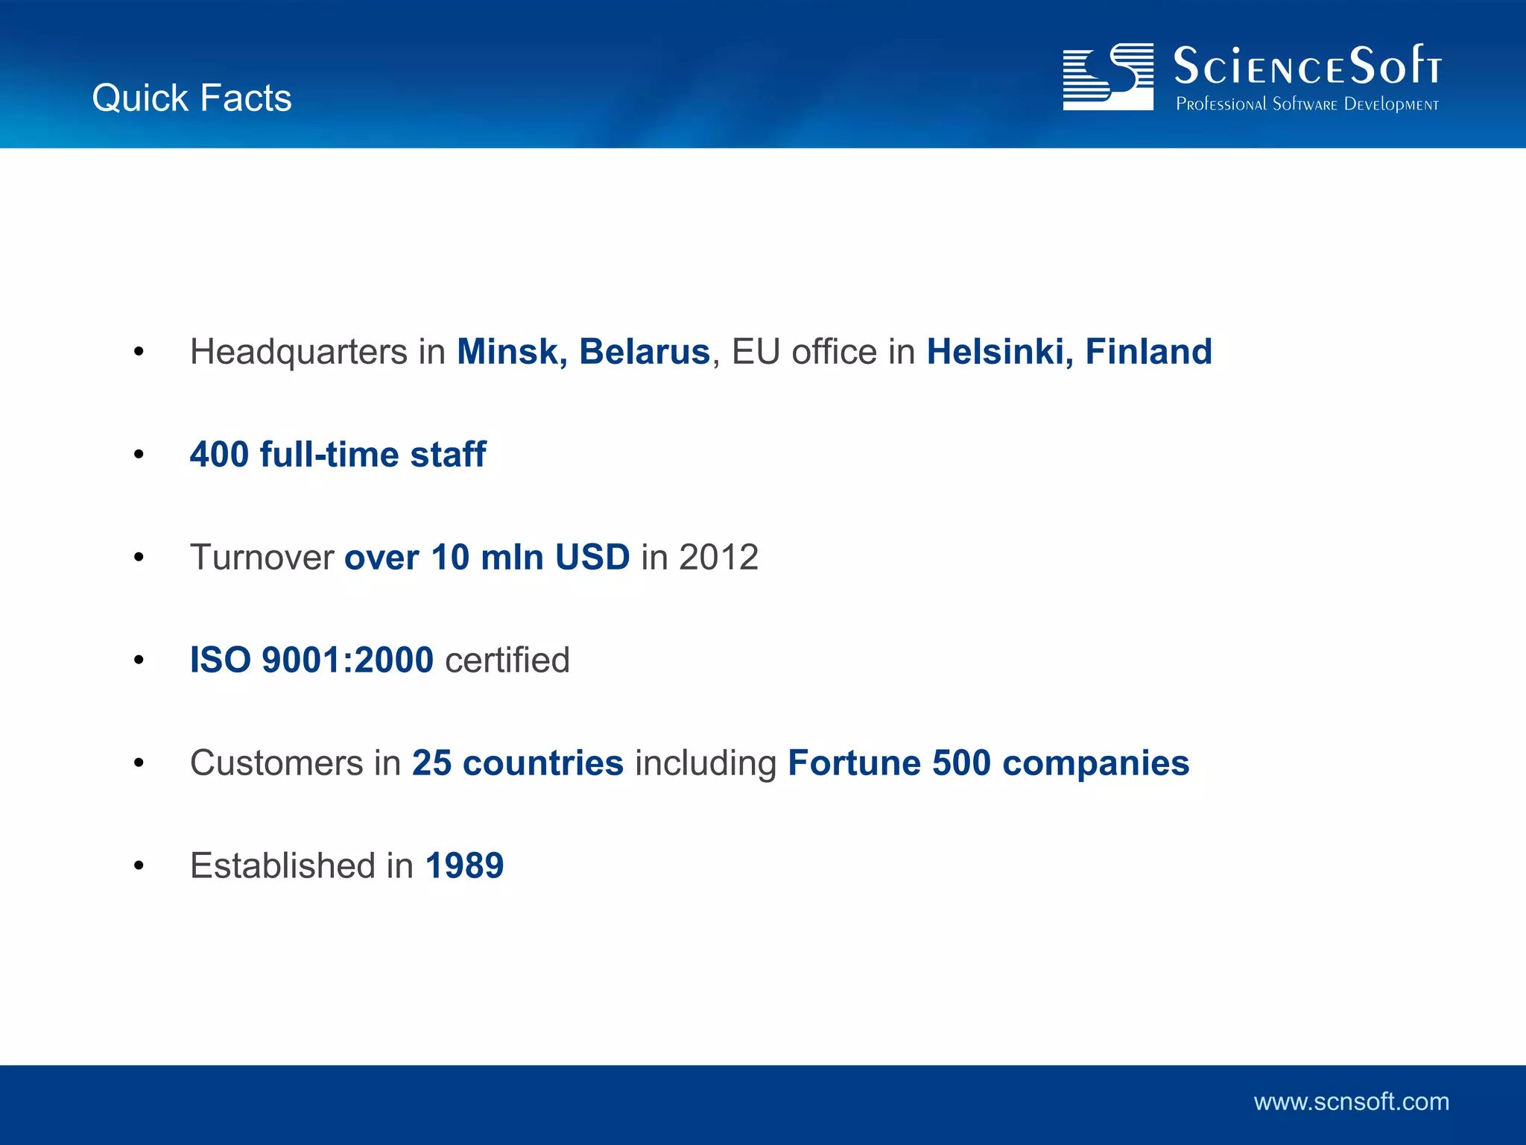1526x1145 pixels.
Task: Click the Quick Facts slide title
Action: tap(191, 98)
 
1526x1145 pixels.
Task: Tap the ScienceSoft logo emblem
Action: tap(1107, 77)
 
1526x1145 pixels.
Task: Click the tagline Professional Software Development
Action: tap(1307, 104)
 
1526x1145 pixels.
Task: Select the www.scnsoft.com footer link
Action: tap(1351, 1102)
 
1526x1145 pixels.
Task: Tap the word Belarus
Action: tap(645, 352)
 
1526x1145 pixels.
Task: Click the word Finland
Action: tap(1148, 352)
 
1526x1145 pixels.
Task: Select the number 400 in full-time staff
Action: tap(219, 455)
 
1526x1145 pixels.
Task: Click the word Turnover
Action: tap(262, 558)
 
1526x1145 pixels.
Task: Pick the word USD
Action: tap(592, 558)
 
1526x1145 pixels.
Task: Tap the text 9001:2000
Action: tap(347, 660)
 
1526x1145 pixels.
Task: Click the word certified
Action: tap(507, 660)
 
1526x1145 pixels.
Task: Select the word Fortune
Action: tap(854, 763)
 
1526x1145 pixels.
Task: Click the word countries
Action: tap(542, 763)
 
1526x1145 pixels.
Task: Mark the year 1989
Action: tap(464, 866)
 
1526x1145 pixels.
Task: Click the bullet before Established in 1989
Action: tap(139, 866)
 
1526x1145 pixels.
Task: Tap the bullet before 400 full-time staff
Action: tap(139, 455)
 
